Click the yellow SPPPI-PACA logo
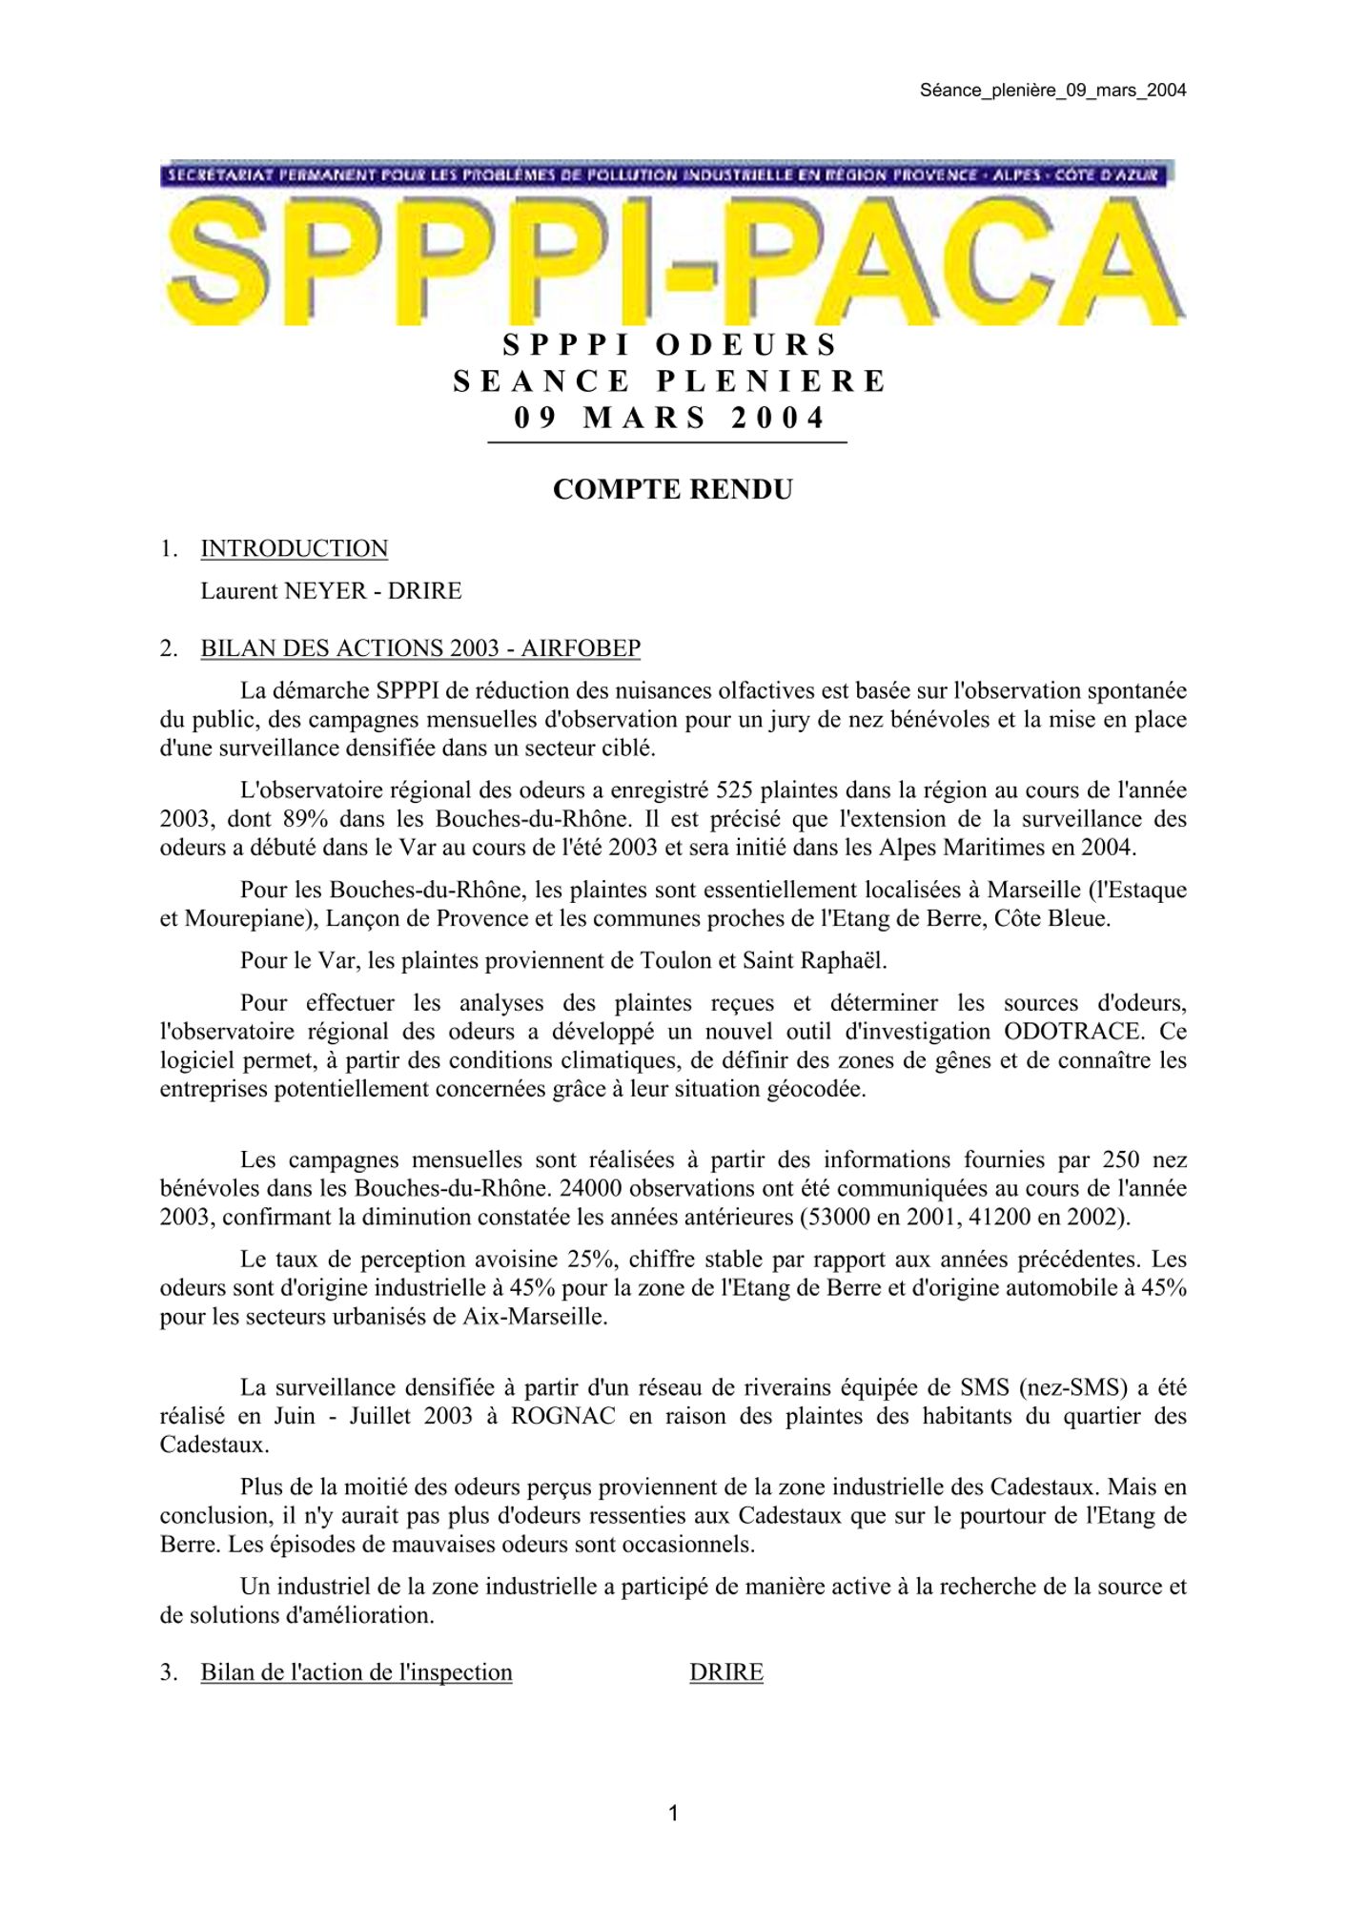(673, 257)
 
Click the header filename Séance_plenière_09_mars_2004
(1052, 91)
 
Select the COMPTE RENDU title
(672, 489)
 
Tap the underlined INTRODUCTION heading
(294, 549)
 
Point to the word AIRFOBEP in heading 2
(581, 648)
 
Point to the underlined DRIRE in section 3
(726, 1672)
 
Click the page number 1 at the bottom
(673, 1813)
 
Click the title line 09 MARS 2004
(669, 418)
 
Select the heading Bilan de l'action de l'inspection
(357, 1672)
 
